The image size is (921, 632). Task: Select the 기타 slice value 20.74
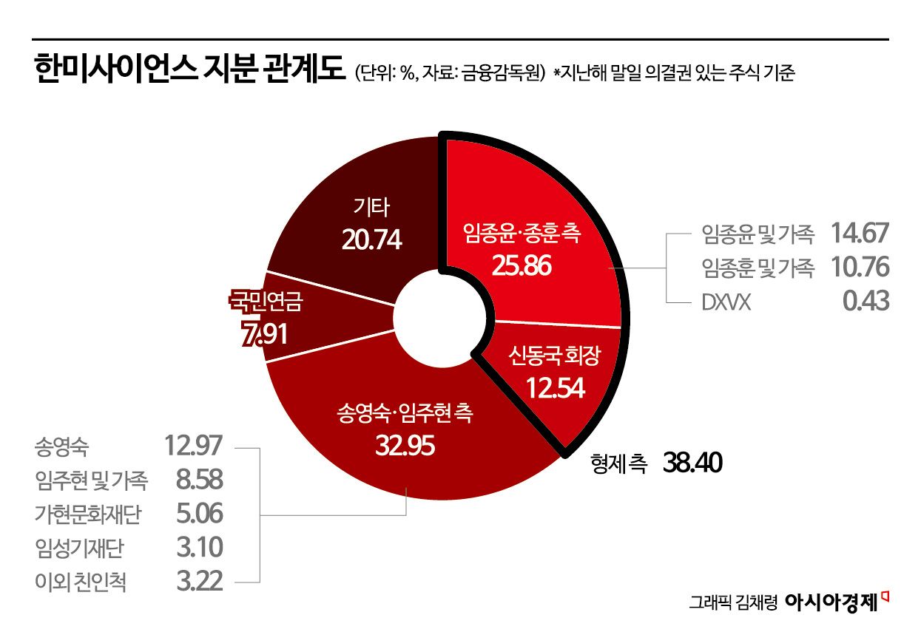[371, 239]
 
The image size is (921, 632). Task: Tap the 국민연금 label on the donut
[266, 302]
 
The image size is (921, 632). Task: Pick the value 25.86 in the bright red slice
[522, 266]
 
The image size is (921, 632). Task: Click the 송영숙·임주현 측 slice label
[403, 414]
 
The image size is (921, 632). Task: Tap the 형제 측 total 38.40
[692, 463]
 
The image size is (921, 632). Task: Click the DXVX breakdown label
[726, 302]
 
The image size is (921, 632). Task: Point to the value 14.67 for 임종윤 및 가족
[859, 234]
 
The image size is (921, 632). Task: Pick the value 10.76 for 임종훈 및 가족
[859, 268]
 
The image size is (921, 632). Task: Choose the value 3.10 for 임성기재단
[200, 548]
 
